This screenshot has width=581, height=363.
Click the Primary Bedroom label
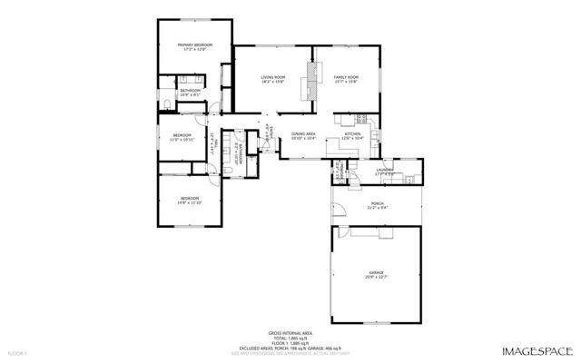[x=196, y=45]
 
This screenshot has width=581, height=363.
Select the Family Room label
[x=346, y=77]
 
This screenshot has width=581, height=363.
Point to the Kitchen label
[x=352, y=133]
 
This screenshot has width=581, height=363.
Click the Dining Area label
[x=303, y=134]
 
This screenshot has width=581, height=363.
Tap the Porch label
[x=378, y=203]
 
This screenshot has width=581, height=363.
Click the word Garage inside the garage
[x=376, y=272]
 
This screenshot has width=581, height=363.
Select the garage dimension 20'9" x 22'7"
[x=376, y=278]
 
